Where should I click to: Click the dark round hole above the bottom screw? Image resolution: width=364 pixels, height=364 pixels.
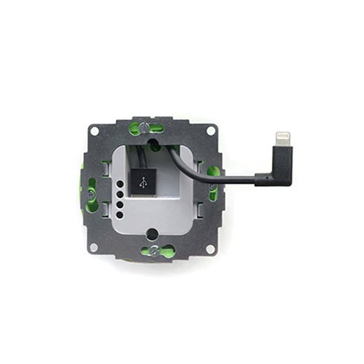coord(152,234)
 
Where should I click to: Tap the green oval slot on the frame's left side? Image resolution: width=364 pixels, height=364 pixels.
coord(92,189)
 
